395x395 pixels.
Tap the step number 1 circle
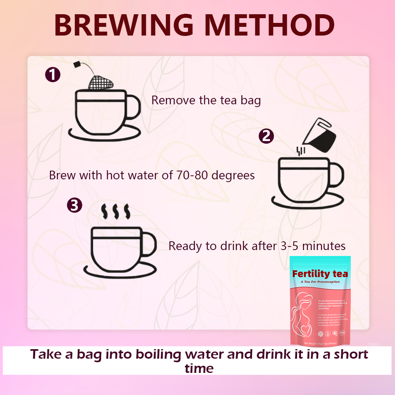(x=53, y=75)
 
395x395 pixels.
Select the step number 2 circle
(x=266, y=136)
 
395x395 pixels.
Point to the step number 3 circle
(x=75, y=205)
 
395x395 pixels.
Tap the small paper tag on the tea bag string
(x=77, y=64)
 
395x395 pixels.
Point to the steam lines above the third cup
(x=116, y=212)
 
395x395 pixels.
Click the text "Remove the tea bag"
(x=206, y=100)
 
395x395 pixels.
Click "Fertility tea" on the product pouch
(x=320, y=273)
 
